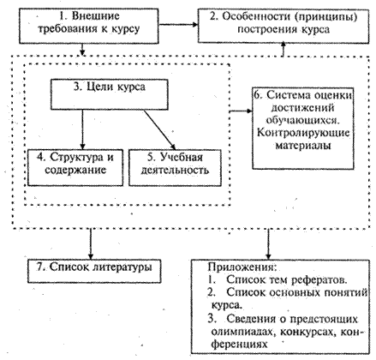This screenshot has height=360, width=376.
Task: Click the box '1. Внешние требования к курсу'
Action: (x=89, y=26)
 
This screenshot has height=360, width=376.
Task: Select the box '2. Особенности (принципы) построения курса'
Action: (x=283, y=26)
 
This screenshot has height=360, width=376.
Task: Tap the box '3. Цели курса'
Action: (x=110, y=94)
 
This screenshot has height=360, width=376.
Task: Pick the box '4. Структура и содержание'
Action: (x=75, y=168)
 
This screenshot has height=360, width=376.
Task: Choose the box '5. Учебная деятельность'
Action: (x=175, y=168)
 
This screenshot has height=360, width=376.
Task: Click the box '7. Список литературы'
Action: (x=94, y=271)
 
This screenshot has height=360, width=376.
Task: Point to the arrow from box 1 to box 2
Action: (x=178, y=24)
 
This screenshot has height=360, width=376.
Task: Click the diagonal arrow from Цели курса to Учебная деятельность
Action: (x=160, y=129)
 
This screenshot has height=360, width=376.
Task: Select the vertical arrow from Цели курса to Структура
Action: (x=82, y=129)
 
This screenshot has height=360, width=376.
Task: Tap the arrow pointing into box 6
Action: (x=242, y=111)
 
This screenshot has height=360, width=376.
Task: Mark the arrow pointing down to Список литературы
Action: (x=91, y=244)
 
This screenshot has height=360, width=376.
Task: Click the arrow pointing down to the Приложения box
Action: (x=268, y=244)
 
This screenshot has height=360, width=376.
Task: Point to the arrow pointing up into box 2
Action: (x=283, y=49)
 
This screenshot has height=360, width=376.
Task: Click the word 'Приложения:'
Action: (x=242, y=267)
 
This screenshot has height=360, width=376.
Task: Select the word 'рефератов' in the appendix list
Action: (x=319, y=280)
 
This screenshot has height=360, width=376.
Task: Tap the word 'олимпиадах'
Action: (x=244, y=332)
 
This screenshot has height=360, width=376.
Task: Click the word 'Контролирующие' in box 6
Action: (x=303, y=133)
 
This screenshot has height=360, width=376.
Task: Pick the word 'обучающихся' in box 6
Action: (x=303, y=121)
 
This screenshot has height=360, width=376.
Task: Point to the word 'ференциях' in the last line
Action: (x=239, y=345)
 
